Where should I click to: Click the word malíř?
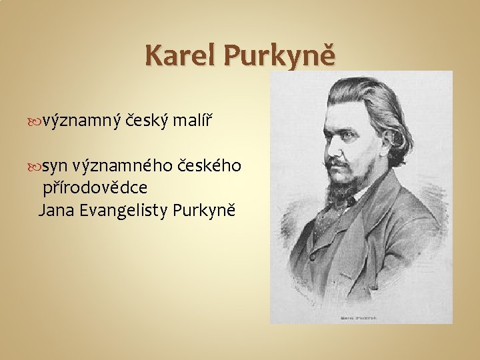click(x=192, y=120)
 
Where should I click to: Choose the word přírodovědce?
click(x=95, y=188)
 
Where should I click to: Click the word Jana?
click(x=56, y=211)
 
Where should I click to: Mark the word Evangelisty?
click(x=123, y=211)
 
